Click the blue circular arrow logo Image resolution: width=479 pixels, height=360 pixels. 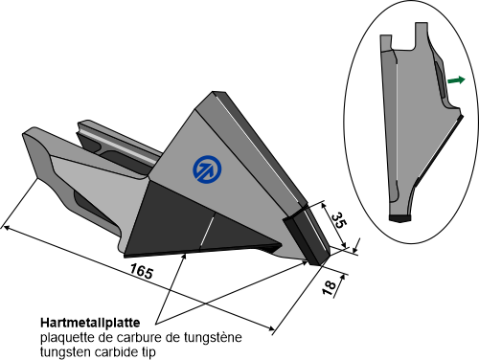(x=207, y=169)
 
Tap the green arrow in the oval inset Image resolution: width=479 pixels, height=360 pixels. (x=456, y=80)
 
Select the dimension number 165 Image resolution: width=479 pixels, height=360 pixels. (x=142, y=271)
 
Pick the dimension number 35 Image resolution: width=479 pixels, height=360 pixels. (x=339, y=220)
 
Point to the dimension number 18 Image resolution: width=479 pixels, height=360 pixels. (x=329, y=287)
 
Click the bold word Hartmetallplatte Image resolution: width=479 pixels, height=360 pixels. (x=90, y=323)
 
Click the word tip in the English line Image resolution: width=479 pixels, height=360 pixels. (x=149, y=352)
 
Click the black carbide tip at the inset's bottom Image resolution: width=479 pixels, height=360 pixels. (x=399, y=218)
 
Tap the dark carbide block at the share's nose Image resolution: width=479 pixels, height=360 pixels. (x=305, y=237)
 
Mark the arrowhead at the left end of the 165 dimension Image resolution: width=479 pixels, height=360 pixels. (x=6, y=227)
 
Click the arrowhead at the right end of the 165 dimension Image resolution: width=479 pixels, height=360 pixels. (x=271, y=327)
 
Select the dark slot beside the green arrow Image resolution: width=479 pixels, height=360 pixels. (x=439, y=79)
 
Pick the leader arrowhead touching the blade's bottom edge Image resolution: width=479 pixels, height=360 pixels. (x=184, y=258)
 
